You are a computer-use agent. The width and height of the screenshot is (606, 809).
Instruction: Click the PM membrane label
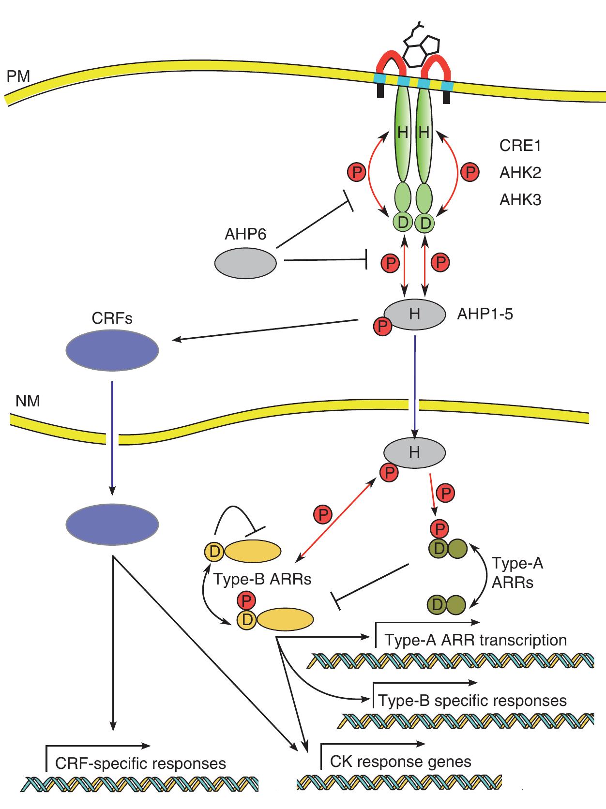[x=18, y=76]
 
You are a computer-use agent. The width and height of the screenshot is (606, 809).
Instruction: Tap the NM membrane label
[x=28, y=401]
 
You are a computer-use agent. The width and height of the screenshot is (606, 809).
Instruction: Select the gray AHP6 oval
[x=245, y=263]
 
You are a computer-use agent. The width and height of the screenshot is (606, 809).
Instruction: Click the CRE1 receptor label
[x=520, y=146]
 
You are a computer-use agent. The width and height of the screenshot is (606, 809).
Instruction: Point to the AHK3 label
[x=520, y=199]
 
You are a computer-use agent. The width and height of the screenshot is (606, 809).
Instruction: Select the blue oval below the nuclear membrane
[x=112, y=524]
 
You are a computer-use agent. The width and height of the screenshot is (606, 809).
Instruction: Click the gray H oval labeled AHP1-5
[x=415, y=315]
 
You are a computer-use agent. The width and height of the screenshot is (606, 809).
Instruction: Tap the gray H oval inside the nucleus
[x=415, y=452]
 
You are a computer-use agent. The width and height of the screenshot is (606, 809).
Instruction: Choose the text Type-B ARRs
[x=262, y=579]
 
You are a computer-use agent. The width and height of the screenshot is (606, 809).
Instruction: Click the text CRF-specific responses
[x=140, y=763]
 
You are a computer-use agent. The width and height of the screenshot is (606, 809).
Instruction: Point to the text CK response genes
[x=400, y=762]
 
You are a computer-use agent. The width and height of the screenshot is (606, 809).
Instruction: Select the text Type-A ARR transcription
[x=475, y=640]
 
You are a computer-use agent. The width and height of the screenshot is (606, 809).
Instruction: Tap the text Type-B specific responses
[x=472, y=700]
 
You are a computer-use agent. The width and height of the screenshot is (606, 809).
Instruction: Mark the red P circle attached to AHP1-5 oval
[x=383, y=327]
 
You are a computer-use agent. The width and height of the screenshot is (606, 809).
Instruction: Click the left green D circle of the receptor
[x=403, y=223]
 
